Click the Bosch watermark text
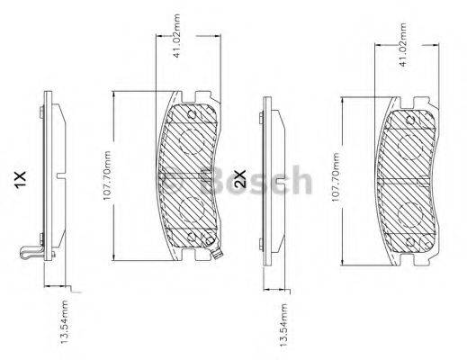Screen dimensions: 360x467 click(x=262, y=184)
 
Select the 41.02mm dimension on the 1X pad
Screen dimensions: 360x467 click(x=185, y=54)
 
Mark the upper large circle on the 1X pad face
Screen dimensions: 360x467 click(x=190, y=139)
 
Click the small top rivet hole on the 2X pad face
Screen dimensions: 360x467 click(x=410, y=114)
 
